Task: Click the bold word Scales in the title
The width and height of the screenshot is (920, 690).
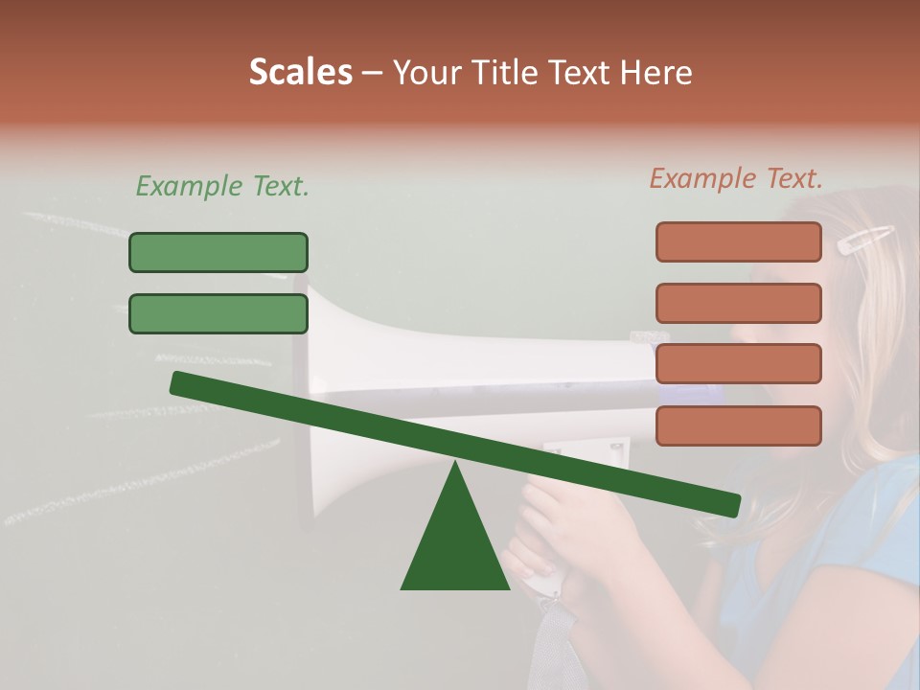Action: point(300,72)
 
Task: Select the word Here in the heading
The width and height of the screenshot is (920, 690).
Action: point(656,72)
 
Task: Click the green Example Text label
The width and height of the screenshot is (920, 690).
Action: point(222,186)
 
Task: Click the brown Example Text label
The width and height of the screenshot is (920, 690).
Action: point(736,178)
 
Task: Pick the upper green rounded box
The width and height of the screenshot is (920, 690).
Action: point(218,252)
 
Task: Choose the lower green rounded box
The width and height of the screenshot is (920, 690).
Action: point(218,313)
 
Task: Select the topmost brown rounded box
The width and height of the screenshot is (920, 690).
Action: point(738,241)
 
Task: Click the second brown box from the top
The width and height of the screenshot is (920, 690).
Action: point(738,303)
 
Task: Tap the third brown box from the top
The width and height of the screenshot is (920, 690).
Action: point(738,364)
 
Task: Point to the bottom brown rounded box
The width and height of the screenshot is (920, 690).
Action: point(738,425)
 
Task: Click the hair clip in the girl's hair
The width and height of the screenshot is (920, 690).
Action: point(864,240)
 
